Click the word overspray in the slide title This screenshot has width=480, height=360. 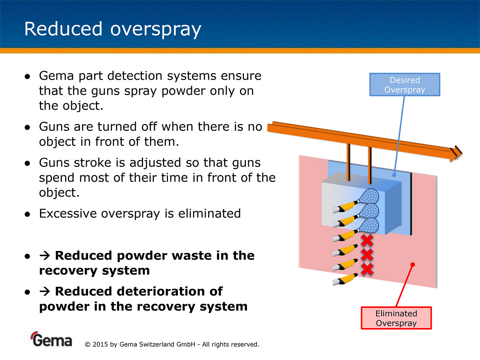pos(156,29)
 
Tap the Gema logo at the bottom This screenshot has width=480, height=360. pos(52,340)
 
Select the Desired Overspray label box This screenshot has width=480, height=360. pos(405,85)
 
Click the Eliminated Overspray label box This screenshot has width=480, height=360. pos(396,318)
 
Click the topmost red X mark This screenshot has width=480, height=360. pos(367,240)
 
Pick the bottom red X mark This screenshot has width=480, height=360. pos(367,269)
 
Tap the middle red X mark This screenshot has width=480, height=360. pos(367,255)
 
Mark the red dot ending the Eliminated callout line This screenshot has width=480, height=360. pos(413,265)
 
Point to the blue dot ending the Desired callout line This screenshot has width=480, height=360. pos(394,175)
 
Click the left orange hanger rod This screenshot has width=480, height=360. pos(348,162)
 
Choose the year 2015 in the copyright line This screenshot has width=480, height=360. pos(100,344)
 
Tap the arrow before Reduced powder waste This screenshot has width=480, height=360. pos(45,255)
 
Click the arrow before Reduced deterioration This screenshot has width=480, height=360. pos(45,291)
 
